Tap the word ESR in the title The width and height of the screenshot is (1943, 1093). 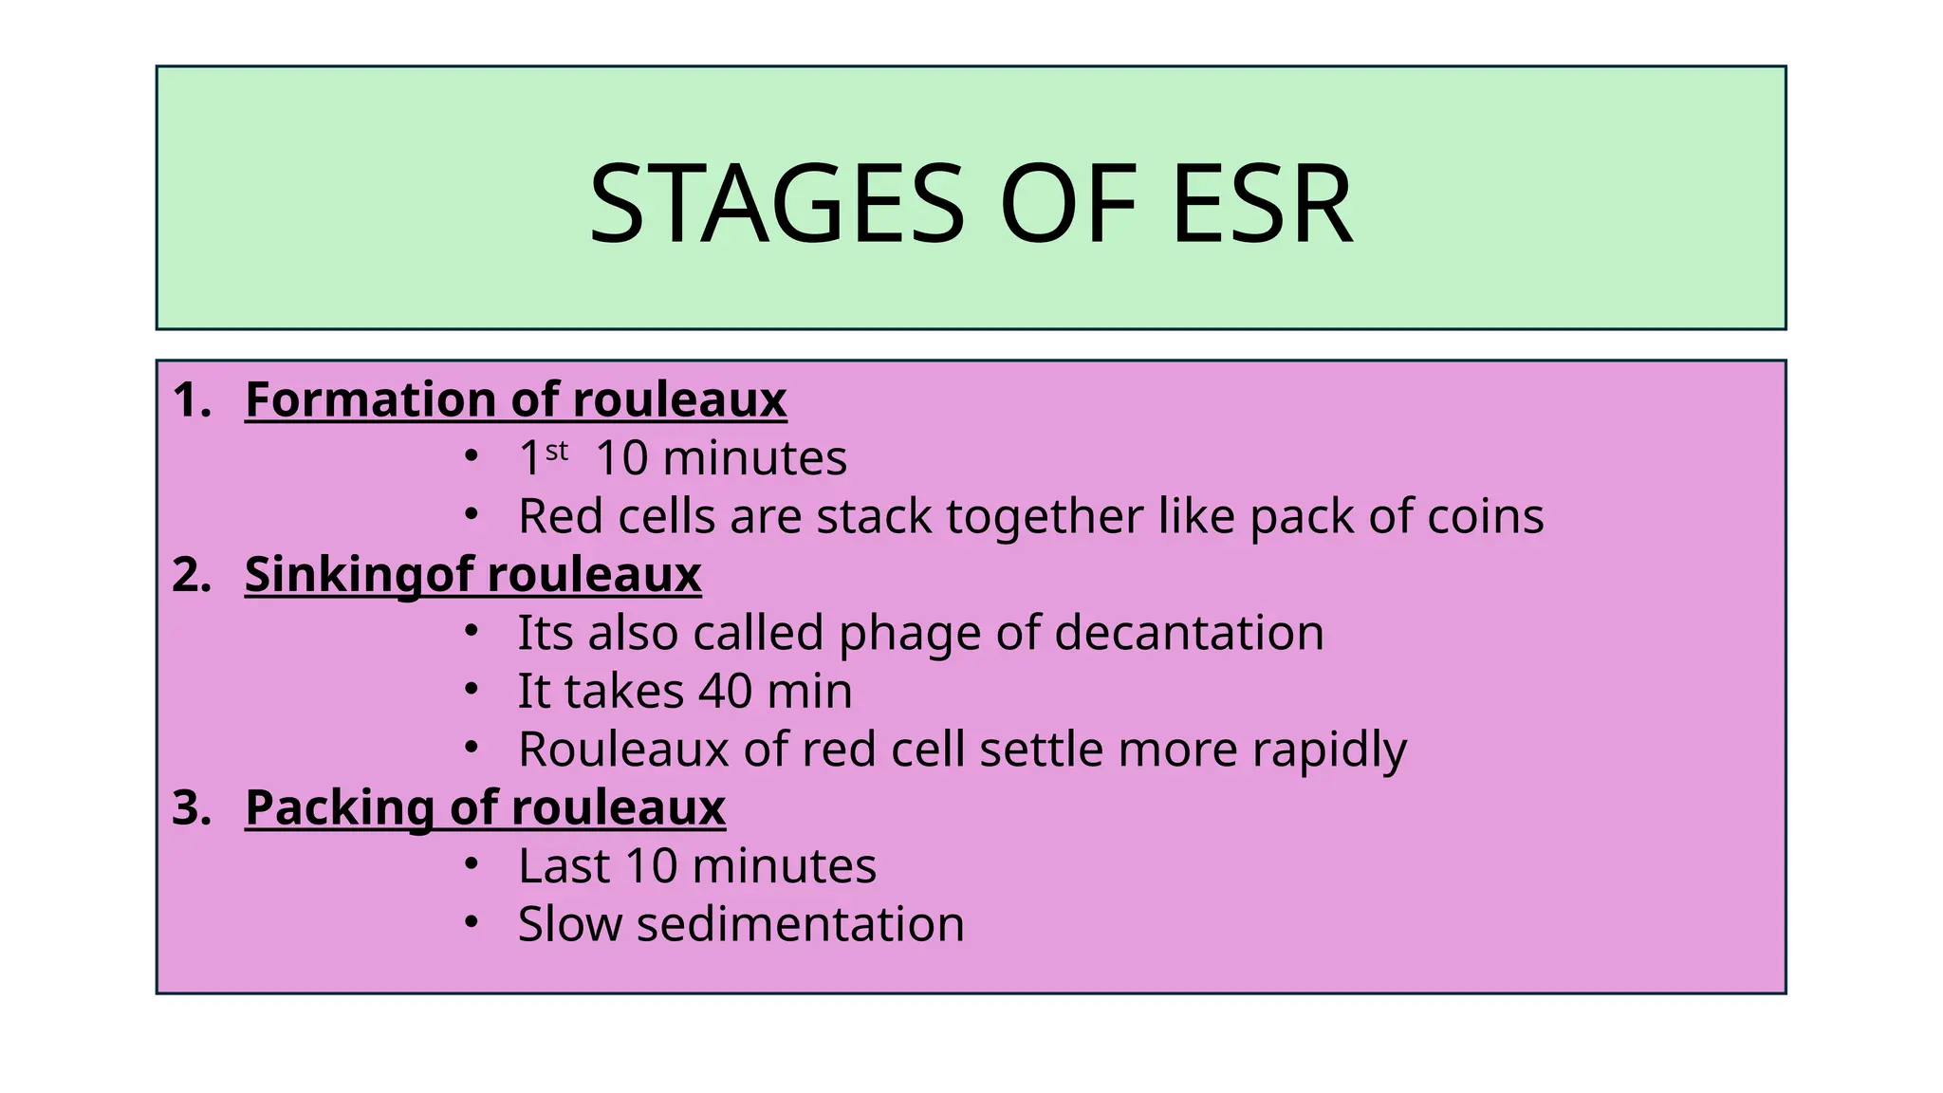(1261, 204)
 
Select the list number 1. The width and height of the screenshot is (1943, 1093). (192, 399)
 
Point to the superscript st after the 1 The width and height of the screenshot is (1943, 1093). (557, 450)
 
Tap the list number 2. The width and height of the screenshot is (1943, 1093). (192, 575)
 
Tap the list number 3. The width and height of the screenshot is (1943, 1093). (192, 808)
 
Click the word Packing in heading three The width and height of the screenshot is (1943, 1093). (339, 808)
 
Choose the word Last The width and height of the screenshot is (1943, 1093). (563, 866)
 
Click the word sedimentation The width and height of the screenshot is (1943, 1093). (800, 924)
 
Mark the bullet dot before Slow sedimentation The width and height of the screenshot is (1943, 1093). (471, 921)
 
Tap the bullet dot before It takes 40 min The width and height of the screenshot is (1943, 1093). (471, 689)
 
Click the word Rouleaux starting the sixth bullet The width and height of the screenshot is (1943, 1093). (622, 750)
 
